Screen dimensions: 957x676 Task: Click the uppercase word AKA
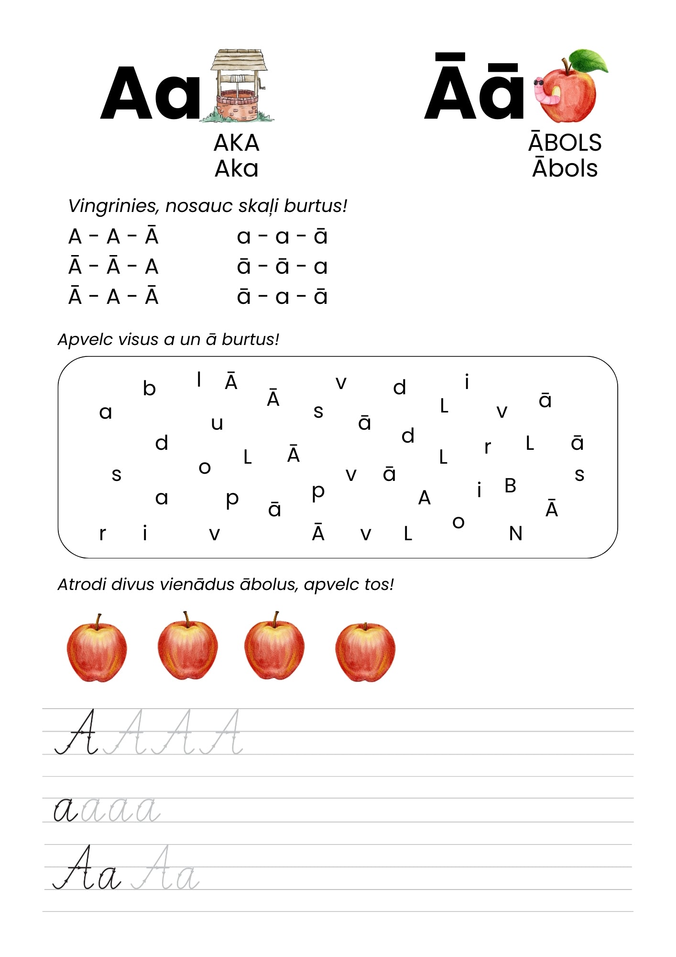(236, 143)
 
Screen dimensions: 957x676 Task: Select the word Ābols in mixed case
(565, 168)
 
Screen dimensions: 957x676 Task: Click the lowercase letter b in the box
(149, 388)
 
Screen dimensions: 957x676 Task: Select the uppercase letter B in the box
(510, 486)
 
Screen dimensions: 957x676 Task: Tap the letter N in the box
(515, 534)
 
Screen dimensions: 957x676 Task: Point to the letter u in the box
(217, 423)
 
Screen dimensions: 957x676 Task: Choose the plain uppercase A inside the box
(424, 498)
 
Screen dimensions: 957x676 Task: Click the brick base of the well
(238, 106)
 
